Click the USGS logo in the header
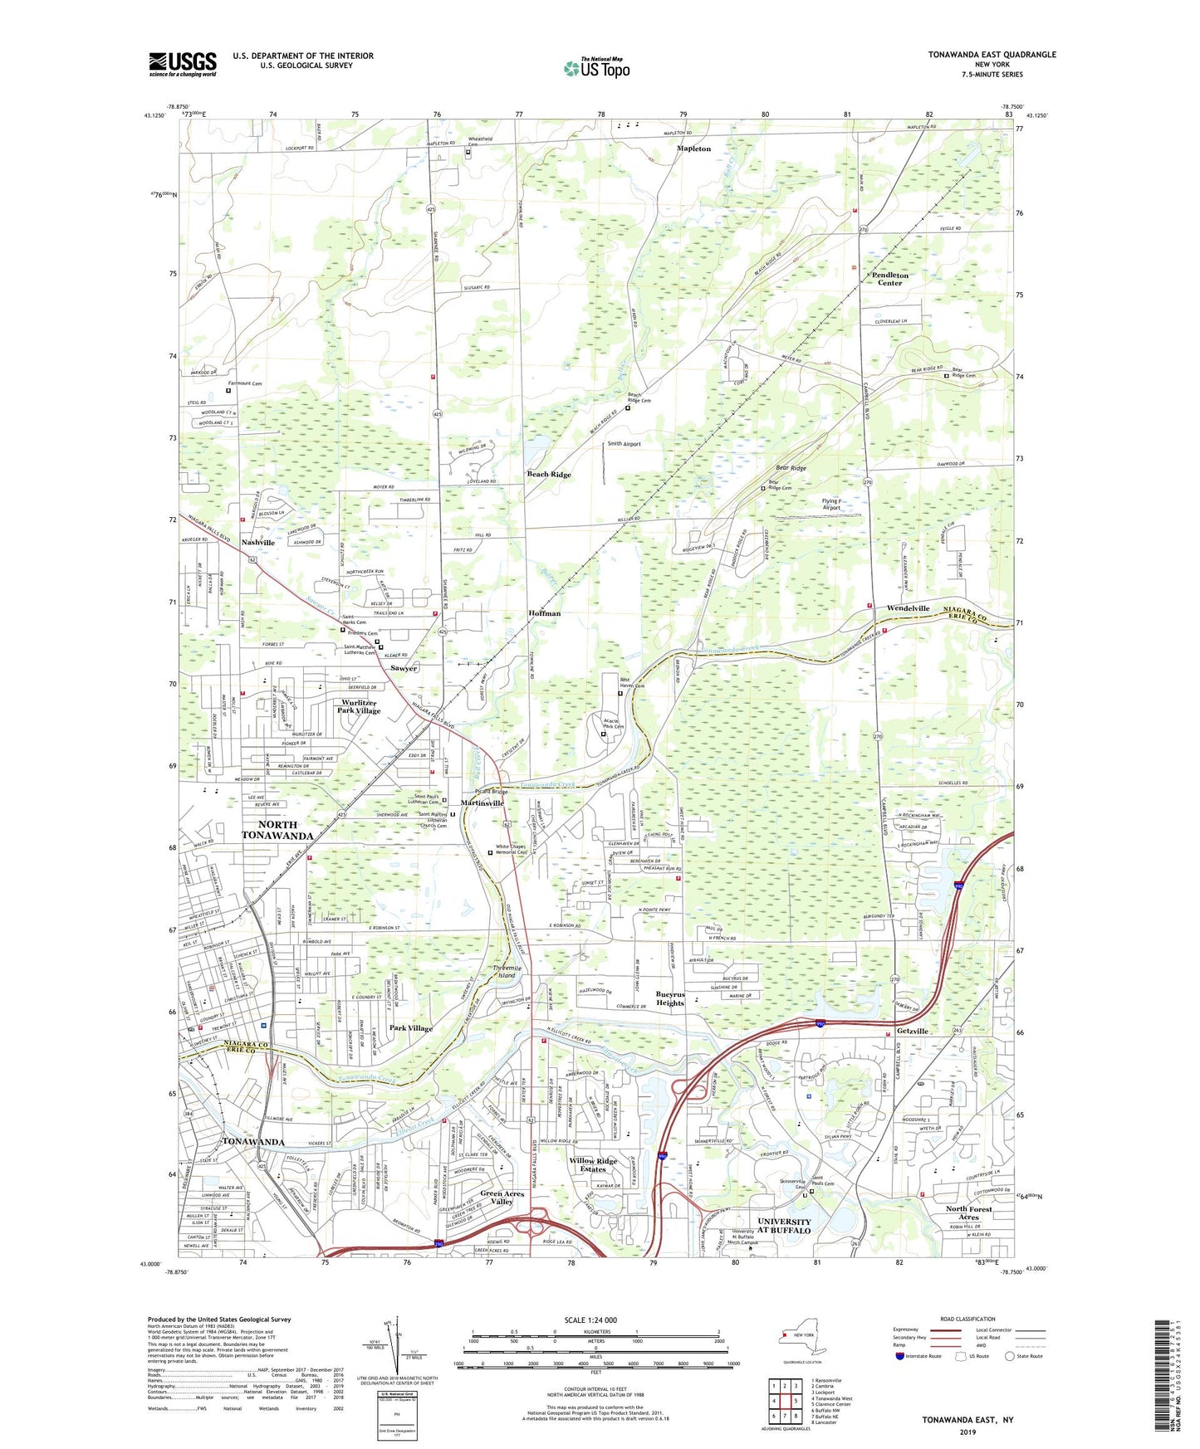(183, 64)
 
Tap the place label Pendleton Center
(889, 279)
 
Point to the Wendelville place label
(908, 608)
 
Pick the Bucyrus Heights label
(670, 998)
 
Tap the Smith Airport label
(624, 444)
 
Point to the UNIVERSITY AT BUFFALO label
(784, 1226)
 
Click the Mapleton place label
(693, 149)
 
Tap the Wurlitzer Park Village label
(359, 707)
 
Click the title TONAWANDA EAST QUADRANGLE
(992, 55)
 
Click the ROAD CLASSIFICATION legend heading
(967, 1319)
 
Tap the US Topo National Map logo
(596, 69)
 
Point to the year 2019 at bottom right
(967, 1432)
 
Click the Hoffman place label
(545, 613)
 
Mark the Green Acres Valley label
(502, 1198)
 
